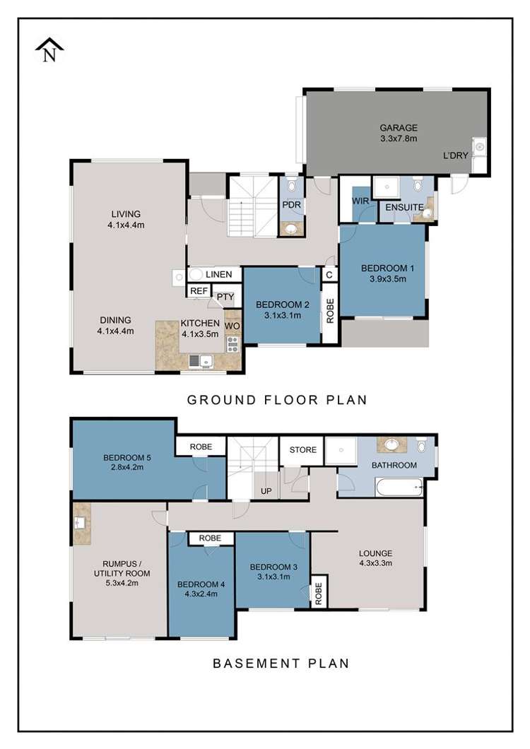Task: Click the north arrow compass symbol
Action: pos(49,50)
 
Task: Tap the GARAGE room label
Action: pos(399,127)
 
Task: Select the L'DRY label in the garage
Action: pos(455,155)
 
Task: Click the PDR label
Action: pos(292,204)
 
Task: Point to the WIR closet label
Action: pos(360,201)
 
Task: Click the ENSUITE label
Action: pos(404,207)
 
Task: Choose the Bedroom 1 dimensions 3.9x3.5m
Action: pos(387,279)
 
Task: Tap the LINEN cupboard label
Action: pos(218,274)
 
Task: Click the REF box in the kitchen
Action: pos(199,291)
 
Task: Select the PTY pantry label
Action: pos(225,297)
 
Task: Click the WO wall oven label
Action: pos(232,326)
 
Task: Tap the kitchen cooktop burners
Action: pos(232,344)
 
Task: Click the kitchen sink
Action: pos(201,361)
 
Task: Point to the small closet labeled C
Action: pos(329,275)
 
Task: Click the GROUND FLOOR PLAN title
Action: pos(277,400)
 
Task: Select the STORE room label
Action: pos(303,449)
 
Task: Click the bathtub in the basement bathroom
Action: pos(399,488)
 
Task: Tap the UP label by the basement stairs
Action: pos(266,491)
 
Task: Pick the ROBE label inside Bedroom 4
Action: pos(211,538)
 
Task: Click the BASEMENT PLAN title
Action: pos(281,664)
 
